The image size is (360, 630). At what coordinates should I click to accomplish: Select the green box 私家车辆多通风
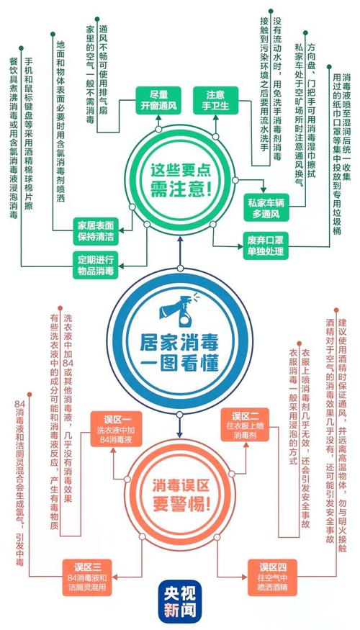point(266,207)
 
